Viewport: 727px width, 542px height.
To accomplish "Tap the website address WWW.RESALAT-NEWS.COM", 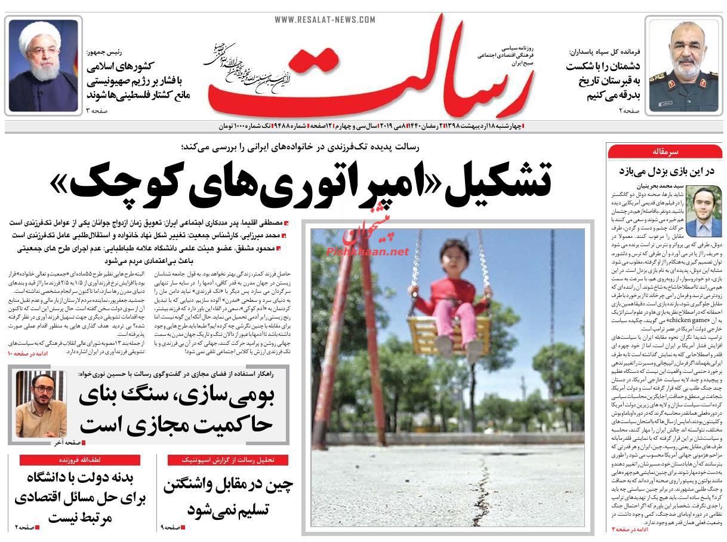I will click(x=325, y=20).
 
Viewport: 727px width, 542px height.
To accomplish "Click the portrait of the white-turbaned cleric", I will click(x=44, y=65).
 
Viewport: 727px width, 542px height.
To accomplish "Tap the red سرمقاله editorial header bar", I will click(x=665, y=152).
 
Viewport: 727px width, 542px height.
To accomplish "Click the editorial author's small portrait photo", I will click(x=703, y=210).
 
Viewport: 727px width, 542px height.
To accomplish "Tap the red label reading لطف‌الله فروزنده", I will click(x=79, y=460).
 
